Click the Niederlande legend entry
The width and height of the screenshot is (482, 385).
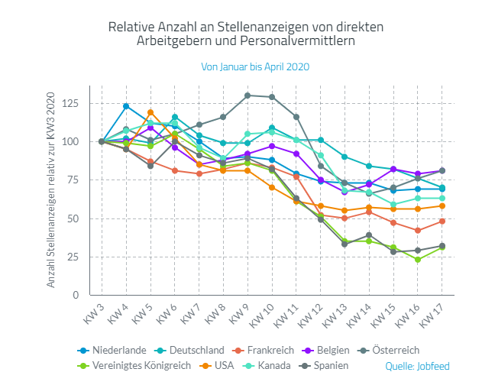[x=114, y=350]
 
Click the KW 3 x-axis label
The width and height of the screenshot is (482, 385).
[x=95, y=312]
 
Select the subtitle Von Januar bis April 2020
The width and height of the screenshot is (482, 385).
[x=255, y=66]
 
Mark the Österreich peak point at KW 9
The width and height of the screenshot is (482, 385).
[x=247, y=95]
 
